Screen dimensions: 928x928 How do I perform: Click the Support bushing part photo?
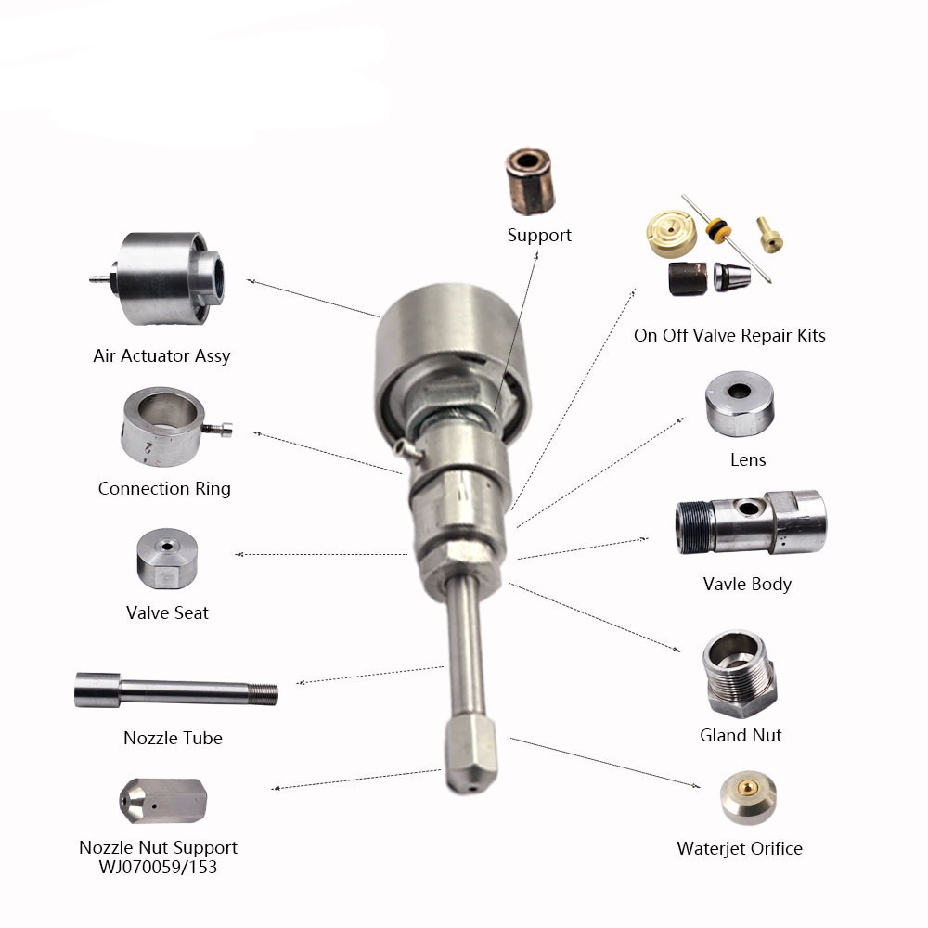click(530, 181)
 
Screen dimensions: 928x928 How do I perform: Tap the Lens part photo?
click(740, 404)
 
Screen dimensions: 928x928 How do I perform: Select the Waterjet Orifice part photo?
click(748, 797)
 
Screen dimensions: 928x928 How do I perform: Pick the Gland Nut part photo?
click(740, 674)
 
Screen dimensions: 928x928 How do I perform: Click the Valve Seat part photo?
click(167, 558)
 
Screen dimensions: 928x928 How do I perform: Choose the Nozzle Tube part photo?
click(175, 690)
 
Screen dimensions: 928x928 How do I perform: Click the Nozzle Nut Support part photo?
click(162, 801)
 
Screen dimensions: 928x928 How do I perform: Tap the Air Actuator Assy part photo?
click(158, 278)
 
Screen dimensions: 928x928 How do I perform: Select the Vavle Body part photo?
click(751, 522)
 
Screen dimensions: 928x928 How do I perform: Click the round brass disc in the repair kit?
click(671, 234)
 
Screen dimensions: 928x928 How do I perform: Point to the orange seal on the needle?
click(718, 229)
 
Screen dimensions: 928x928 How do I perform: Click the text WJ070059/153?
click(158, 867)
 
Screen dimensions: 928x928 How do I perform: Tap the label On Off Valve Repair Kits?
click(729, 336)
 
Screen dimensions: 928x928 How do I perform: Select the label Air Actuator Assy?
click(161, 355)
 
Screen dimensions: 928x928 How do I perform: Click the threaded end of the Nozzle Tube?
click(263, 694)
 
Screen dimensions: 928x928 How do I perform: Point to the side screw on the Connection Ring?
click(218, 429)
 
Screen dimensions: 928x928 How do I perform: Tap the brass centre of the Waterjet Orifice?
click(749, 787)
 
